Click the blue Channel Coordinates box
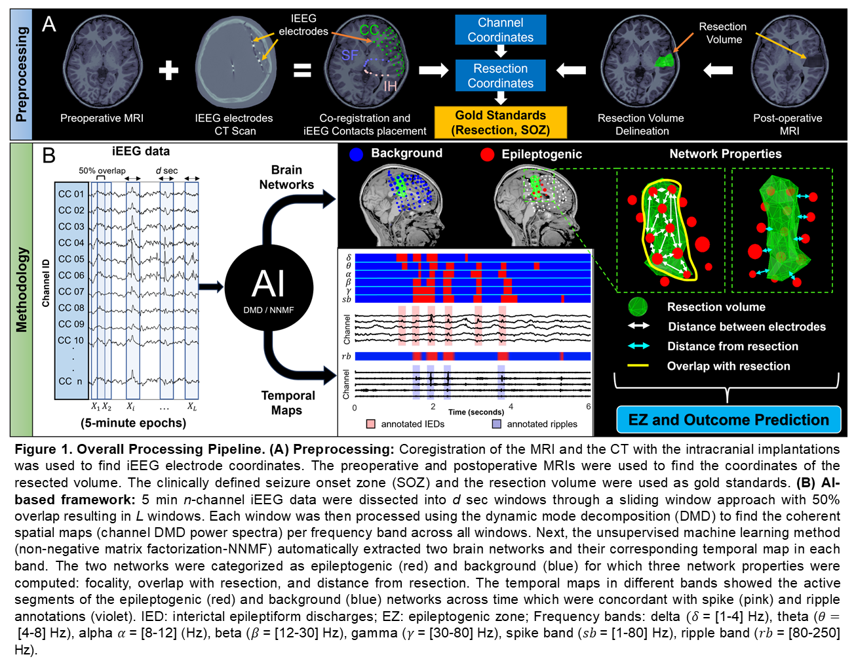[x=500, y=30]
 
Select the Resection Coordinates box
[x=500, y=76]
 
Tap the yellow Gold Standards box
[x=500, y=123]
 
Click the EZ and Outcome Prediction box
[x=728, y=420]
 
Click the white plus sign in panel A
[x=168, y=70]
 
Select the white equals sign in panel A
[x=302, y=70]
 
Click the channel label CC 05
[x=71, y=259]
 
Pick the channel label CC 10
[x=71, y=340]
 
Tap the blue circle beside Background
[x=356, y=154]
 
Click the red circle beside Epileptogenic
[x=487, y=154]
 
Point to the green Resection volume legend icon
[x=638, y=307]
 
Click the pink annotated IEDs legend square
[x=371, y=424]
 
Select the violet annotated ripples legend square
[x=497, y=424]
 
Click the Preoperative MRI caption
[x=102, y=118]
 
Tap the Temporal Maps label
[x=288, y=403]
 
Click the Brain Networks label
[x=286, y=177]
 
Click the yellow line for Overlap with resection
[x=638, y=366]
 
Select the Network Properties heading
[x=725, y=154]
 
